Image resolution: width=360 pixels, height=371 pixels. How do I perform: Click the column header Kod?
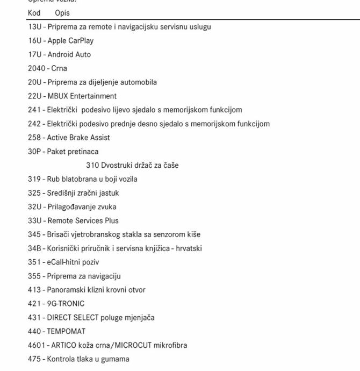tap(34, 13)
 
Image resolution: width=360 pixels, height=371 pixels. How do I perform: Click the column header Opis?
tap(62, 13)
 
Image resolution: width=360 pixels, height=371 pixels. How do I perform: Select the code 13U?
tap(34, 27)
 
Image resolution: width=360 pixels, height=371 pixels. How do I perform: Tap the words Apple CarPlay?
tap(70, 41)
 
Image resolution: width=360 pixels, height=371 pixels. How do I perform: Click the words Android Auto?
tap(69, 54)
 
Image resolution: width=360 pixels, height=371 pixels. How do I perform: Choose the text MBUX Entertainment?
tap(82, 96)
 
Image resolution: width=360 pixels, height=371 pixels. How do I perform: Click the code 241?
tap(34, 110)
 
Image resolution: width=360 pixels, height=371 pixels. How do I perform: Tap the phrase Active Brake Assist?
tap(78, 138)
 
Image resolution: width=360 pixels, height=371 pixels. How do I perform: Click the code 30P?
tap(34, 152)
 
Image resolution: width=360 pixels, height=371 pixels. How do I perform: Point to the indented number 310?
tap(92, 166)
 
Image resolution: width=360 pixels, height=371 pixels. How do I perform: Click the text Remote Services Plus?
tap(83, 220)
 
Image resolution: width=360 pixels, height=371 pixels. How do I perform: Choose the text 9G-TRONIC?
tap(66, 304)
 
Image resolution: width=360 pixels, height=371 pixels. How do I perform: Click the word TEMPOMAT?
tap(66, 331)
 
